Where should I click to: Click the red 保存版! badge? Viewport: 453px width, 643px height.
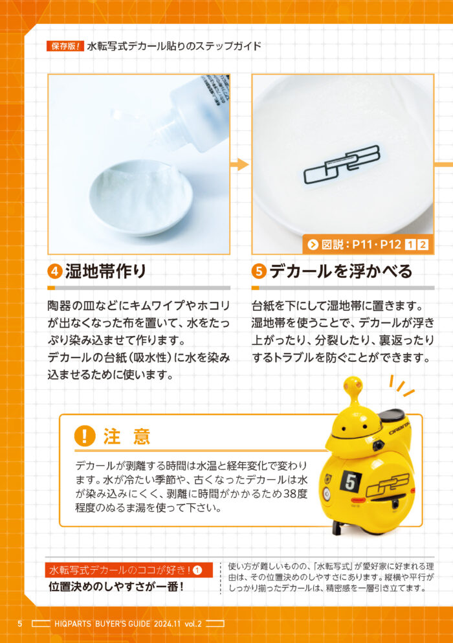pyautogui.click(x=65, y=46)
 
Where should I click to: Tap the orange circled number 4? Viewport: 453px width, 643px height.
pyautogui.click(x=54, y=271)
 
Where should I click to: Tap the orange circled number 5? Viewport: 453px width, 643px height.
pyautogui.click(x=259, y=271)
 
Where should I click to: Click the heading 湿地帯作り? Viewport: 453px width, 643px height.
pyautogui.click(x=105, y=271)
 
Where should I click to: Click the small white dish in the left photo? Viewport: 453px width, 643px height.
pyautogui.click(x=140, y=198)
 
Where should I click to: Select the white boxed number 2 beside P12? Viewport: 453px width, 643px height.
pyautogui.click(x=423, y=245)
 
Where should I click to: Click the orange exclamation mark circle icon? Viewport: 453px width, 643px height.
pyautogui.click(x=85, y=436)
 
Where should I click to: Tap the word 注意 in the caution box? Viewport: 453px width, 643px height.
pyautogui.click(x=127, y=436)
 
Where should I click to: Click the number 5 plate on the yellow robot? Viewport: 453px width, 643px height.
pyautogui.click(x=351, y=482)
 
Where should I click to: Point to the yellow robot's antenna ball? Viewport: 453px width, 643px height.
pyautogui.click(x=354, y=384)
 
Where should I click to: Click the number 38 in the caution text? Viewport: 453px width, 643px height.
pyautogui.click(x=291, y=493)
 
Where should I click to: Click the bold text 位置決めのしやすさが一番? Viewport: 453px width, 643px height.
pyautogui.click(x=116, y=587)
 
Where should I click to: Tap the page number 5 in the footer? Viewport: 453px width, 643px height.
pyautogui.click(x=19, y=624)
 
